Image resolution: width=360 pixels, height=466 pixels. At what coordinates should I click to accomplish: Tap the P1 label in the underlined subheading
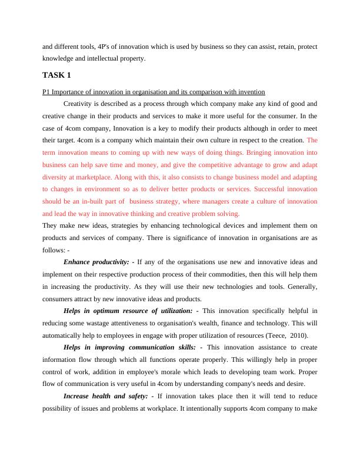tap(46, 92)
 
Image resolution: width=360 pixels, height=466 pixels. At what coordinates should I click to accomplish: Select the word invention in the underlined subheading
tap(252, 92)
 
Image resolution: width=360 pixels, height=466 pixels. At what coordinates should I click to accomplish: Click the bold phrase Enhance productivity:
tap(96, 261)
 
